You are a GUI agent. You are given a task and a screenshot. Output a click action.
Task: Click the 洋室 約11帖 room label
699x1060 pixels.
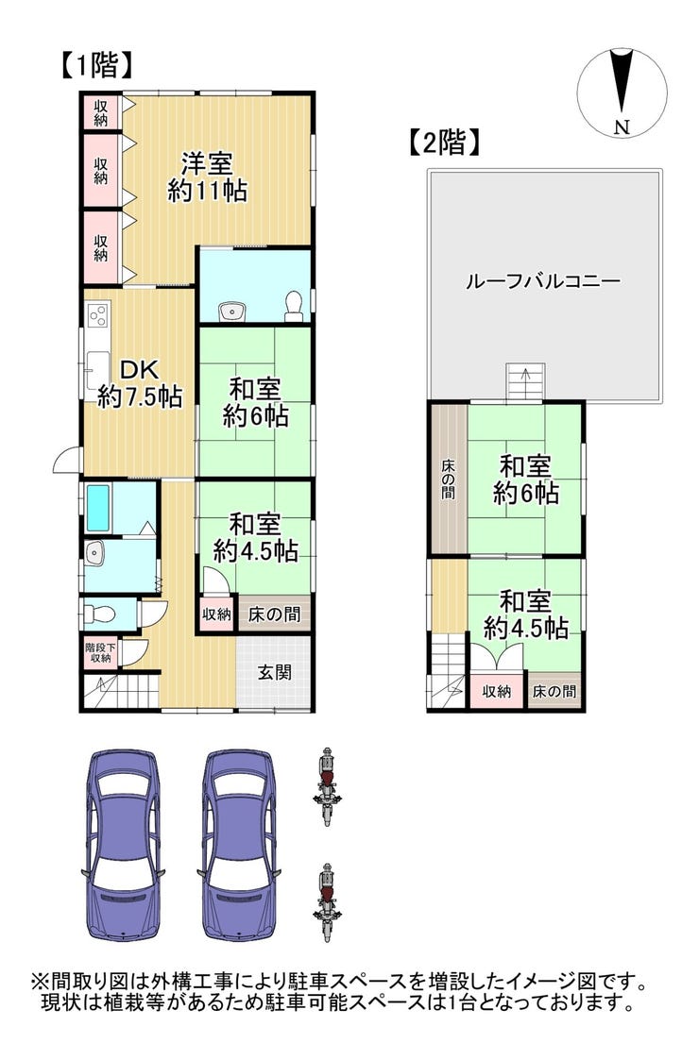click(x=207, y=177)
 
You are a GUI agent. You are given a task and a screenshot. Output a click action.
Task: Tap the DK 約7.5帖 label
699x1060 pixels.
click(x=140, y=383)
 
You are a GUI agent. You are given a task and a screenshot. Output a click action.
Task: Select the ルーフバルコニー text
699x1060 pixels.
click(x=543, y=280)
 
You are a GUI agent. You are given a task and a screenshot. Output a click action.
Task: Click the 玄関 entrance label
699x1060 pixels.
click(x=275, y=672)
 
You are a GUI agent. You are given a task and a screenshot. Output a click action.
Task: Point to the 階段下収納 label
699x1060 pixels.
click(x=100, y=652)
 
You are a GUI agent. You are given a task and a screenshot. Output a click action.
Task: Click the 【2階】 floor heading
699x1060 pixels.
click(x=445, y=143)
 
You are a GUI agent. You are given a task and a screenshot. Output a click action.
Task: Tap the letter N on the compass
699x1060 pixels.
click(x=622, y=126)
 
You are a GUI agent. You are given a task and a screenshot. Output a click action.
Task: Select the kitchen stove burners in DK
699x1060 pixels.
click(x=97, y=315)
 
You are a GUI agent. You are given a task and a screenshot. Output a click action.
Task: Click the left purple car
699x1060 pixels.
click(x=124, y=845)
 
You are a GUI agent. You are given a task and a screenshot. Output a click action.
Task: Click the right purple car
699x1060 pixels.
click(x=240, y=845)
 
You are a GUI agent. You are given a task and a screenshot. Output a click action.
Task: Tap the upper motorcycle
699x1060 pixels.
click(x=328, y=787)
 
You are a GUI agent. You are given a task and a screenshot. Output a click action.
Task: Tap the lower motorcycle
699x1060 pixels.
click(x=328, y=902)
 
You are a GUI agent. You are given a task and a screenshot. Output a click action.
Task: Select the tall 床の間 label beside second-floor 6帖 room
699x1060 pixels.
click(x=448, y=480)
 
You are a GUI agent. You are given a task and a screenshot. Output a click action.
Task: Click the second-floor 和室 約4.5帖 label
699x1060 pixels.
click(x=526, y=615)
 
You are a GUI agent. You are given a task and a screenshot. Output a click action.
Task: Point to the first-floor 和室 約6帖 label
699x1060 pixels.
click(x=255, y=403)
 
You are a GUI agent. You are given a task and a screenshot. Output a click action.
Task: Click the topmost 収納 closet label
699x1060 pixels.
click(x=101, y=113)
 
